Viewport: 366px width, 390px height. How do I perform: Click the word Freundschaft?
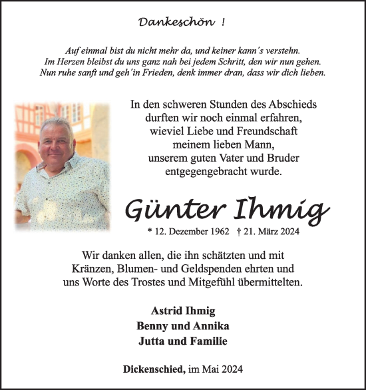pyautogui.click(x=256, y=131)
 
